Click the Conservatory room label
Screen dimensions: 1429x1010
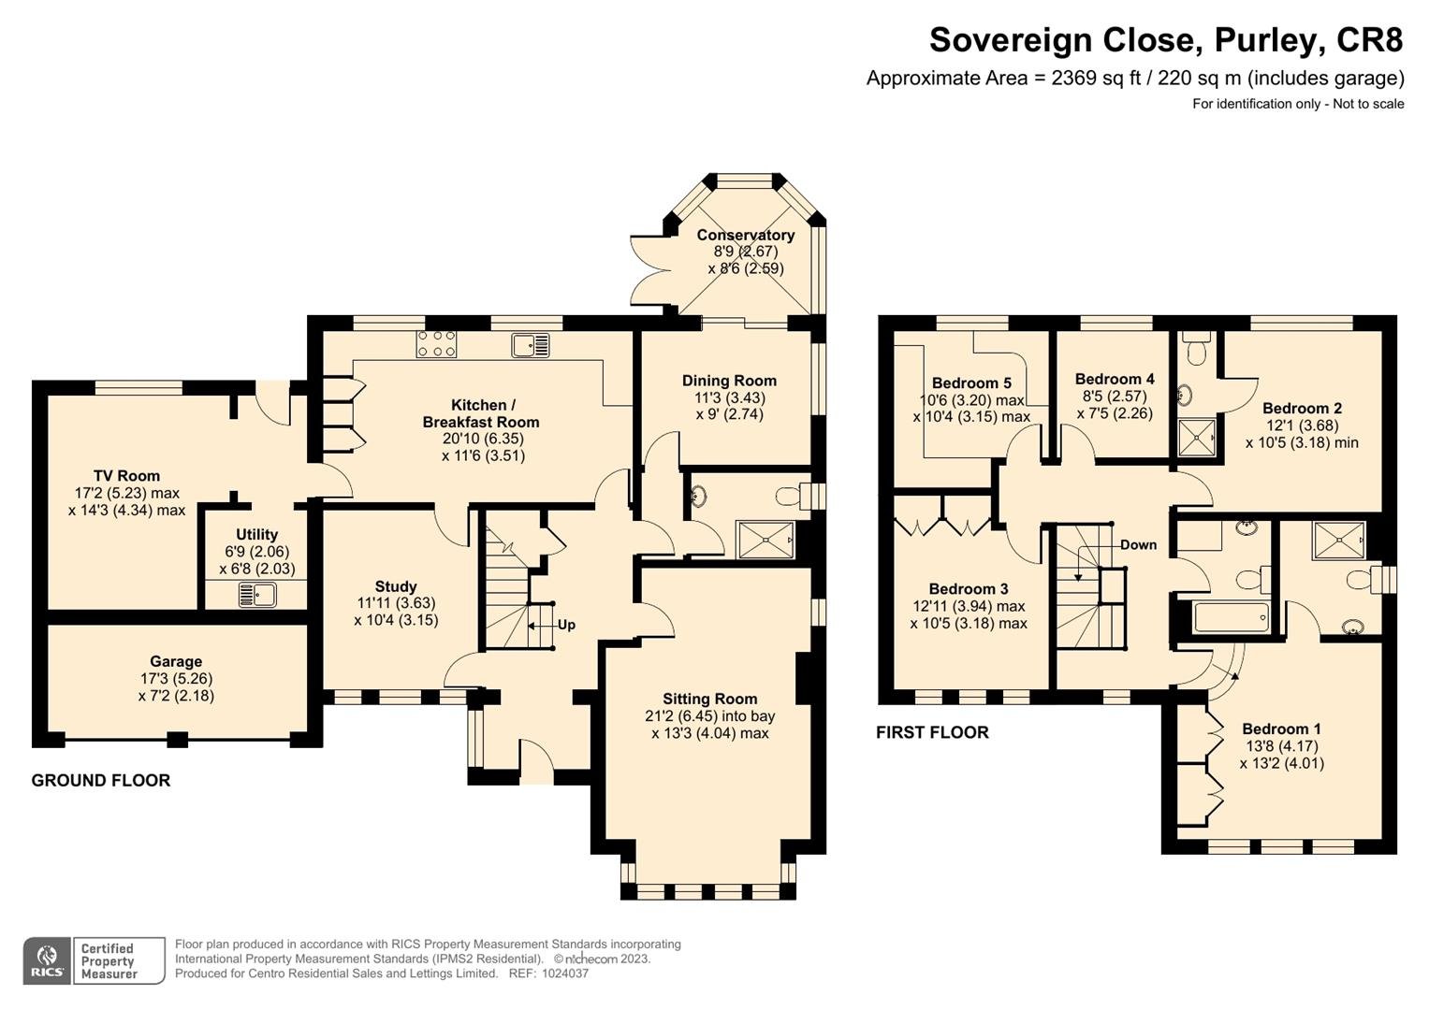[x=745, y=235]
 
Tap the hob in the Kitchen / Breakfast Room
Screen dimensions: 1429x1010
[x=436, y=344]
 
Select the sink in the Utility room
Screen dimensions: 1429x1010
[x=257, y=594]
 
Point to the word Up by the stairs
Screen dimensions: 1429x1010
[x=566, y=625]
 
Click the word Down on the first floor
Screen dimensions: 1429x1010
[x=1139, y=544]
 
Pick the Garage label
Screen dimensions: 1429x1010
[x=176, y=661]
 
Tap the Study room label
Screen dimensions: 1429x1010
[x=396, y=586]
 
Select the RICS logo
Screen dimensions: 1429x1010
[x=47, y=961]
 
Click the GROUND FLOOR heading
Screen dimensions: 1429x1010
[x=101, y=781]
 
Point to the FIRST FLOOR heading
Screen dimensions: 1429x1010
[x=932, y=732]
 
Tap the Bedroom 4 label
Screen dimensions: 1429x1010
[x=1115, y=380]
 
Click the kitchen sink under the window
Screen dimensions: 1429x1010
[x=530, y=345]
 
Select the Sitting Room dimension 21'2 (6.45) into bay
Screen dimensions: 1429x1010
[x=710, y=716]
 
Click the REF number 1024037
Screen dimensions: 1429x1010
[x=565, y=974]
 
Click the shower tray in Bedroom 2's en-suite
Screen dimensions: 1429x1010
[x=1197, y=437]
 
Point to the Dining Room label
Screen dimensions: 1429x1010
[x=729, y=381]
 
